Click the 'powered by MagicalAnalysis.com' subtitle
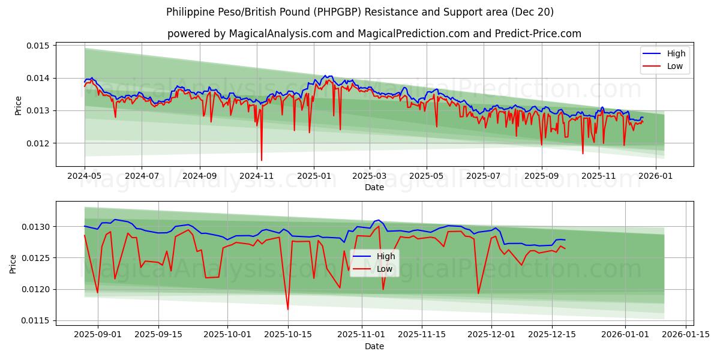374,34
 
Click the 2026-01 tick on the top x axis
655,176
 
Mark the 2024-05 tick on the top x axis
85,176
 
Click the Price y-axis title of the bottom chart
13,263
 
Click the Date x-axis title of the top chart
374,187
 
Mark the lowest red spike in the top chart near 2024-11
261,160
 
